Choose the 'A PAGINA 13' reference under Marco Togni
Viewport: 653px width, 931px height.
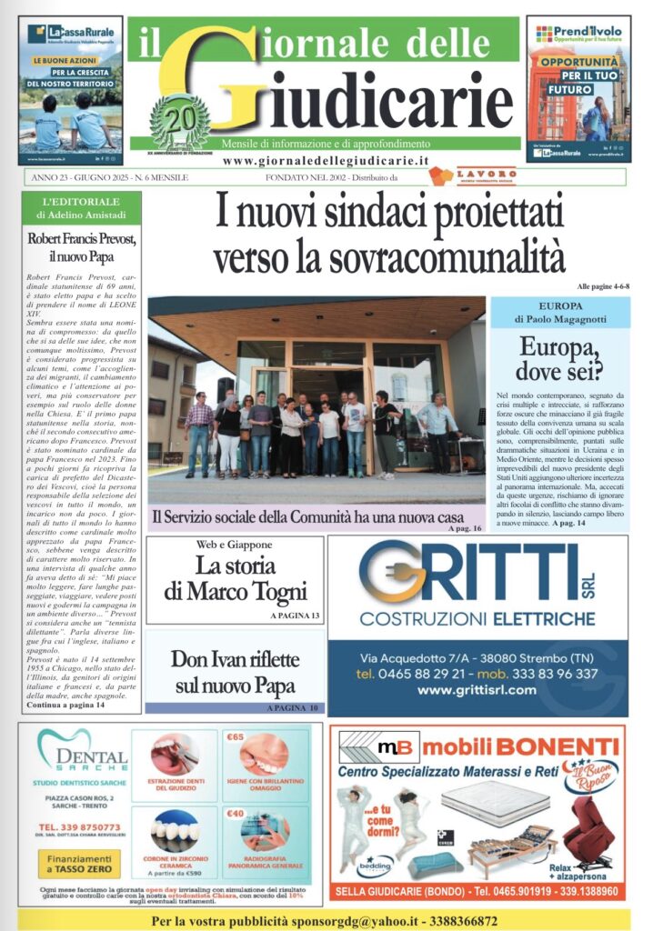click(295, 616)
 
